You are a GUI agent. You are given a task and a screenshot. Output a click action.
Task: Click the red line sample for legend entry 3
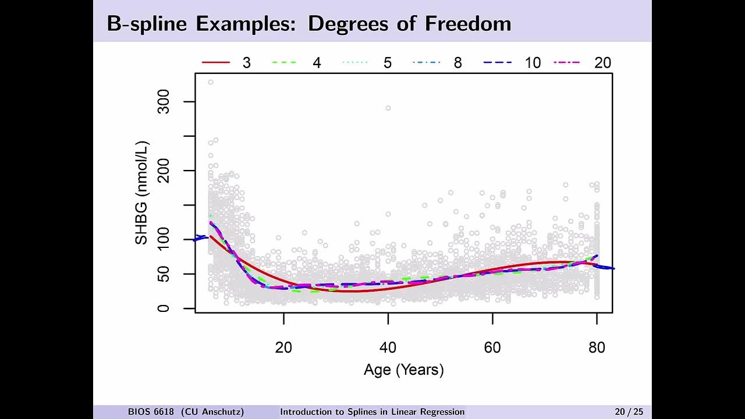(216, 62)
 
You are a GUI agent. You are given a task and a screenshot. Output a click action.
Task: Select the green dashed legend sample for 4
(286, 62)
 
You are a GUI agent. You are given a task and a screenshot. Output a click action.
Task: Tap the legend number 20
(602, 63)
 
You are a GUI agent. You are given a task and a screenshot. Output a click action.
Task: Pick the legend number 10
(532, 63)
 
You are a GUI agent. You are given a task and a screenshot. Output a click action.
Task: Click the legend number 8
(457, 63)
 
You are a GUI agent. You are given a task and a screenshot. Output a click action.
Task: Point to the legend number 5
(387, 63)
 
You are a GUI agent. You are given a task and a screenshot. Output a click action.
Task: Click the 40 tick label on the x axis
(388, 347)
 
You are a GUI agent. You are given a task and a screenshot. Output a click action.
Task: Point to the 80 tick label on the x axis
(597, 347)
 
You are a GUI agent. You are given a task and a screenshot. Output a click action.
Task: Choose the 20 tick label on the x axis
(283, 347)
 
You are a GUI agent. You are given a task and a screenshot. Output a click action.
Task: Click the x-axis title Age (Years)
(403, 370)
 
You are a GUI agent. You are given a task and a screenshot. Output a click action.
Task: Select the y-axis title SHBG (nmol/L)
(141, 193)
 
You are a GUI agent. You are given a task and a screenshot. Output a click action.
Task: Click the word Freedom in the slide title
(468, 24)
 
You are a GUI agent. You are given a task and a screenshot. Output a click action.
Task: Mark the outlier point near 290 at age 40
(388, 108)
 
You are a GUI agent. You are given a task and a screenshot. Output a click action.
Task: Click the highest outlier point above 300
(211, 82)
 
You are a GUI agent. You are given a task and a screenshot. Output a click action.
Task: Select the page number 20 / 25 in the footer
(629, 412)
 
